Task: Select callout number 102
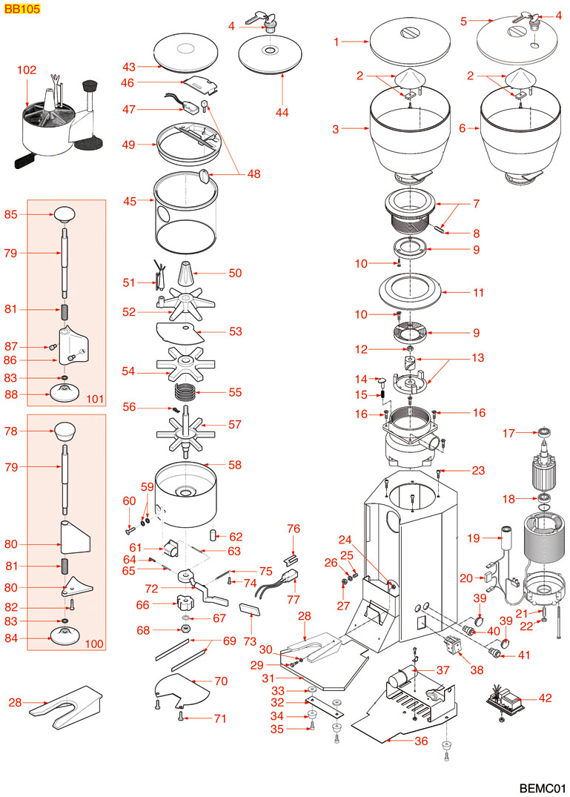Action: tap(27, 70)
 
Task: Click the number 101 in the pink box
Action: tap(94, 400)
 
